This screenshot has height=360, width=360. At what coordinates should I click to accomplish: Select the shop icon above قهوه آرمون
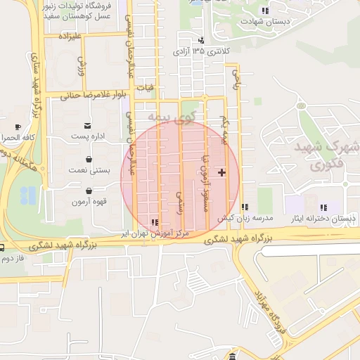point(88,191)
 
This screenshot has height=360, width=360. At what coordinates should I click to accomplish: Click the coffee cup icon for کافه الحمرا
point(18,127)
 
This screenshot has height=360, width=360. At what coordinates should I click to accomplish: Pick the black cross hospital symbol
point(222,172)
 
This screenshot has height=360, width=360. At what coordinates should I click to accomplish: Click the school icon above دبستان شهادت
point(264,11)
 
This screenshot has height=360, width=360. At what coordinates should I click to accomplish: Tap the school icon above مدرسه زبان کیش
point(244,207)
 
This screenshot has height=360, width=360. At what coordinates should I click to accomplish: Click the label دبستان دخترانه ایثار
point(323,219)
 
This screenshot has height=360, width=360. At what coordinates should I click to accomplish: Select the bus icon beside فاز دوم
point(3,247)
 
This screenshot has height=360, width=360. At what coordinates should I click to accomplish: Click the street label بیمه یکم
point(224,129)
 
